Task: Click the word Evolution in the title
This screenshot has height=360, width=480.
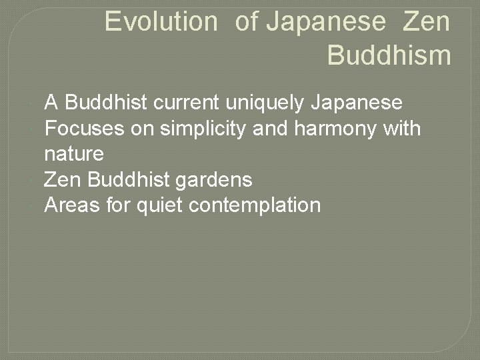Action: tap(161, 22)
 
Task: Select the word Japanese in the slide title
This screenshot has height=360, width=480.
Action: tap(325, 22)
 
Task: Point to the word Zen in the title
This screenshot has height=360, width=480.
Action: tap(426, 22)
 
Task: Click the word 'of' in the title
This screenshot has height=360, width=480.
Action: tap(246, 22)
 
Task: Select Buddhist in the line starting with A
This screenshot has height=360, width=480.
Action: tap(107, 103)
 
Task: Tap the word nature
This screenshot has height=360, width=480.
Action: tap(74, 155)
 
